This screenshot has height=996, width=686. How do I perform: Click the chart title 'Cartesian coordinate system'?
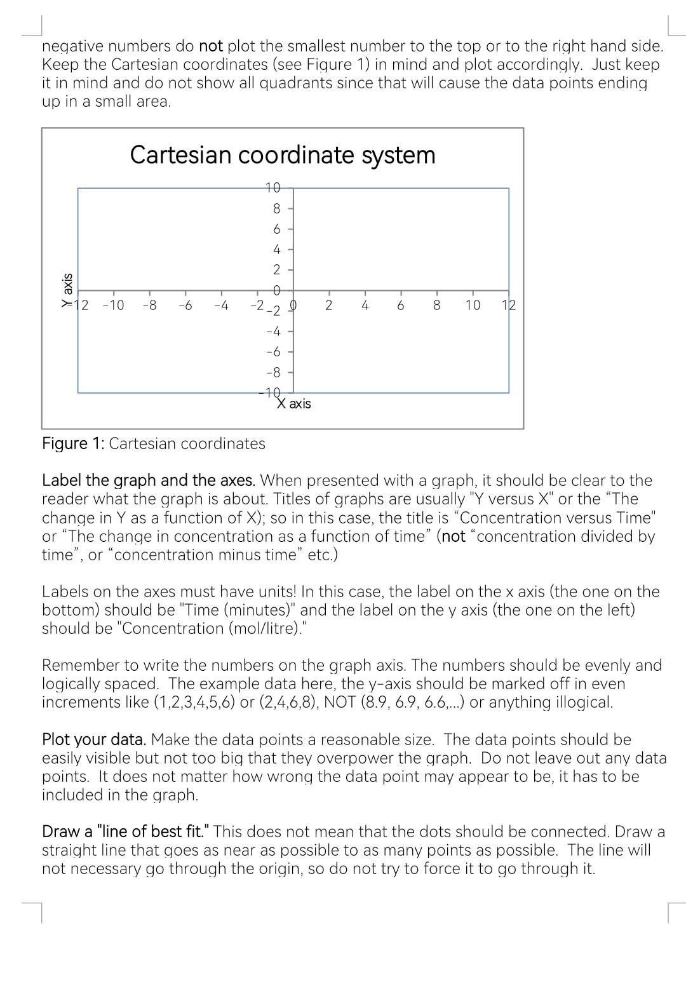(283, 155)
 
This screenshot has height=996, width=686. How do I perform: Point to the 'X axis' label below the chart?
(294, 404)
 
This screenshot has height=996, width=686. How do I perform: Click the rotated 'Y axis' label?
(66, 290)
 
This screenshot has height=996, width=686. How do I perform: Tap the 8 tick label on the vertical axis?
(276, 208)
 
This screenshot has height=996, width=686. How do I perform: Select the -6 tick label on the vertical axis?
(273, 352)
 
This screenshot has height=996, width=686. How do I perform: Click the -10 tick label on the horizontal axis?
(113, 306)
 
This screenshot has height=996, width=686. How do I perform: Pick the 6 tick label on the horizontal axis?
(400, 306)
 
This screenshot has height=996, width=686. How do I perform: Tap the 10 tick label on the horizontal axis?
(473, 306)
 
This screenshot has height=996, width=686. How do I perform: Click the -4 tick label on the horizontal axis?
(221, 306)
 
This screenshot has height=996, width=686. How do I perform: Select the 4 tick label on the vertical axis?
(276, 250)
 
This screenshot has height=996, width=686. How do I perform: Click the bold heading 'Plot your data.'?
(94, 740)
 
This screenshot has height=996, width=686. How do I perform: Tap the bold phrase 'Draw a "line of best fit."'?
(126, 832)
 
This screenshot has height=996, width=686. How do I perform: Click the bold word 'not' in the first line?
(211, 46)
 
